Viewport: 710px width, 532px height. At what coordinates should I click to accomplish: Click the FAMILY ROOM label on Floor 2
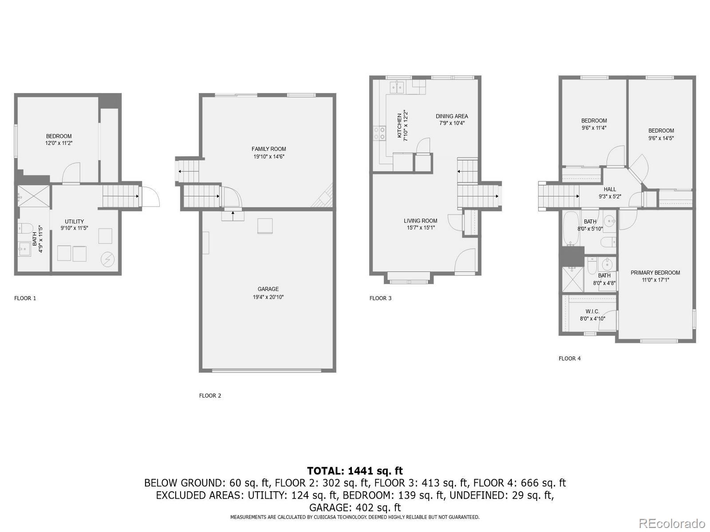268,149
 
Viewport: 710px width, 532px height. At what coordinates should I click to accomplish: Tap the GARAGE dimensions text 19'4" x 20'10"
268,297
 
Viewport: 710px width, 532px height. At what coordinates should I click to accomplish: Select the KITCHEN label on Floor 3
399,125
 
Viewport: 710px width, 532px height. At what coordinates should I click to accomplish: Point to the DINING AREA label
452,116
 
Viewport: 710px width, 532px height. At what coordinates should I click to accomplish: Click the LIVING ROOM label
420,221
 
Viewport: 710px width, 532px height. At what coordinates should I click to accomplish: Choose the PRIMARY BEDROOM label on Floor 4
655,273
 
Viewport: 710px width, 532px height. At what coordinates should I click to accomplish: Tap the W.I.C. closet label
592,312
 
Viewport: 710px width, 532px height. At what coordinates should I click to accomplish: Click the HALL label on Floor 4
610,189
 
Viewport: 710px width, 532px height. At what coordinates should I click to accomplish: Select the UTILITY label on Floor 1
74,222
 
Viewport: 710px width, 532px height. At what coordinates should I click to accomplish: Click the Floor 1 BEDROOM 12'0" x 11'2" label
59,136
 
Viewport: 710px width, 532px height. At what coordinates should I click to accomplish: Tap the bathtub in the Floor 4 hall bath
570,228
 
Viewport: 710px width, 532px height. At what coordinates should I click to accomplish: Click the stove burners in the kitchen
380,133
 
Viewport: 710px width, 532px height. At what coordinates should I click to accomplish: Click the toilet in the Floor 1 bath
25,228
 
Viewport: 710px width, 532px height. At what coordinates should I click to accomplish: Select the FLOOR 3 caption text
380,298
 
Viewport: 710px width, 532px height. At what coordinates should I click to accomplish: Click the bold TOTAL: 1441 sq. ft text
355,471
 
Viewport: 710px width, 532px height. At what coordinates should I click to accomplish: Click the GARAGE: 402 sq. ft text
355,507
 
